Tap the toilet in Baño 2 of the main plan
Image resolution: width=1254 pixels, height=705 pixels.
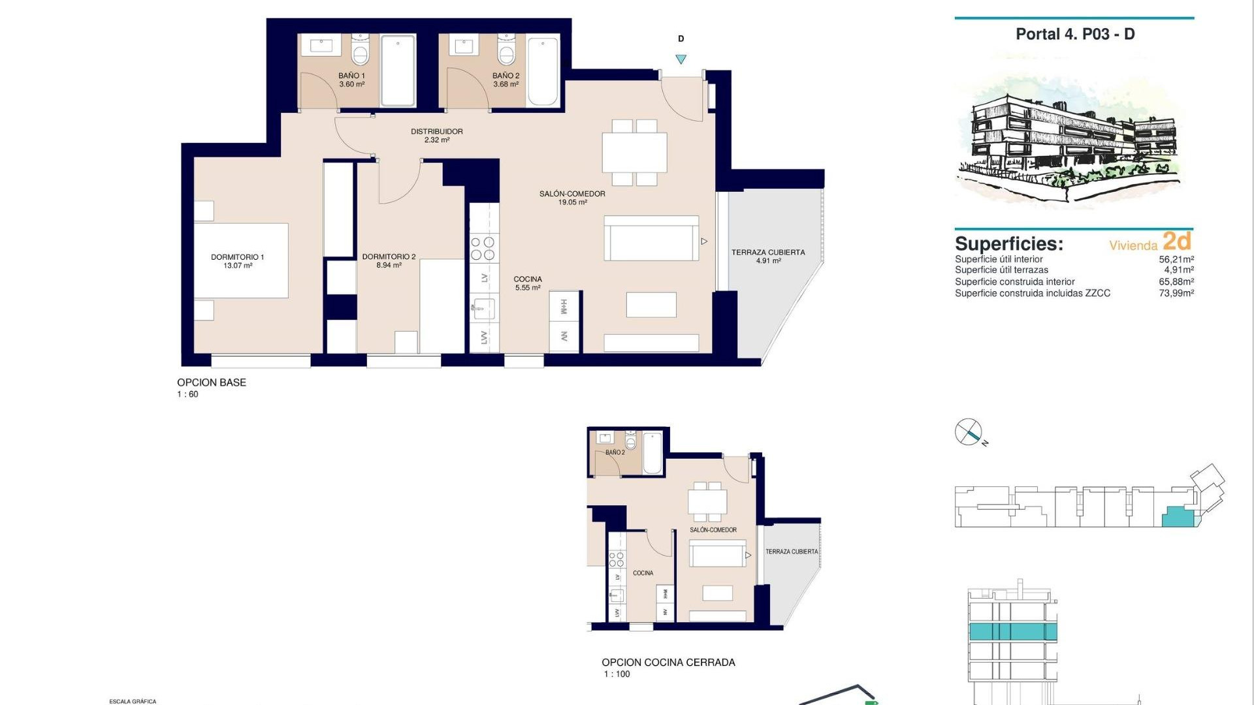506,51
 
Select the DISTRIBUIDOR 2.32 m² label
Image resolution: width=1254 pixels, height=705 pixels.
436,135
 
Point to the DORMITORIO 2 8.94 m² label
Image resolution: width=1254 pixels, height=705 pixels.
389,261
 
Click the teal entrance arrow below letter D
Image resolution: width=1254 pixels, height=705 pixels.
681,59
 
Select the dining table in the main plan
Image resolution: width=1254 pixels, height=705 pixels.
634,152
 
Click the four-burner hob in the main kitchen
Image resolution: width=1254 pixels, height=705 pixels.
483,249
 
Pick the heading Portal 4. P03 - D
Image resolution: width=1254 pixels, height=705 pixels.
1075,34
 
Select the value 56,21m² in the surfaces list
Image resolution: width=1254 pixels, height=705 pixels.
1176,259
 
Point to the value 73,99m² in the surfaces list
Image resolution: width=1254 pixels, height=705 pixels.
1176,293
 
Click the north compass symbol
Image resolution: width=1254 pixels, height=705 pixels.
969,432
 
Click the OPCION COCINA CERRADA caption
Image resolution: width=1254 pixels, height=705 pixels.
668,662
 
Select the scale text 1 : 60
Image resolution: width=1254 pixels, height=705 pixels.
187,394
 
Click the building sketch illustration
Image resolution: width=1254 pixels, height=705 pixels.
1071,140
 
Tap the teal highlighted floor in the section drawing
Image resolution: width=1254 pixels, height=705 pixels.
1012,631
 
